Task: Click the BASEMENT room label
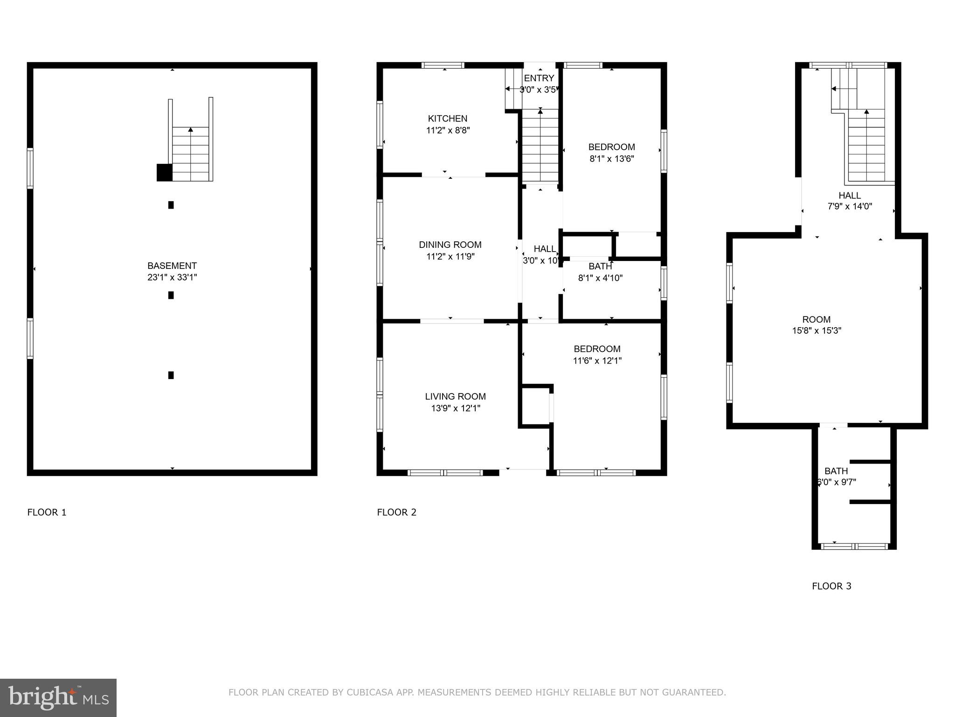(172, 266)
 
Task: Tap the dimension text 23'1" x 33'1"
(172, 277)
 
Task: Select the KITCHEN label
(448, 119)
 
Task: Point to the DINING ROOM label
(450, 245)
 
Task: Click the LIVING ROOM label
(455, 396)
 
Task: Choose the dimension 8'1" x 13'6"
(611, 159)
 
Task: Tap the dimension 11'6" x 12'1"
(597, 360)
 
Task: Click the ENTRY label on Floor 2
(539, 78)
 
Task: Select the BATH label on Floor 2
(600, 267)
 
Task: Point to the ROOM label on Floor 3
(816, 319)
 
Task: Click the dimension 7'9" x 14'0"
(849, 206)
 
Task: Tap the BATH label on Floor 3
(836, 471)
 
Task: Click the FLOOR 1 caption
(47, 512)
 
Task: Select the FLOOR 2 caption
(396, 512)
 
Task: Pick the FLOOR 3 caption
(831, 586)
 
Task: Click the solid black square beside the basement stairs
(164, 172)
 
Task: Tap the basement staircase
(190, 154)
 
